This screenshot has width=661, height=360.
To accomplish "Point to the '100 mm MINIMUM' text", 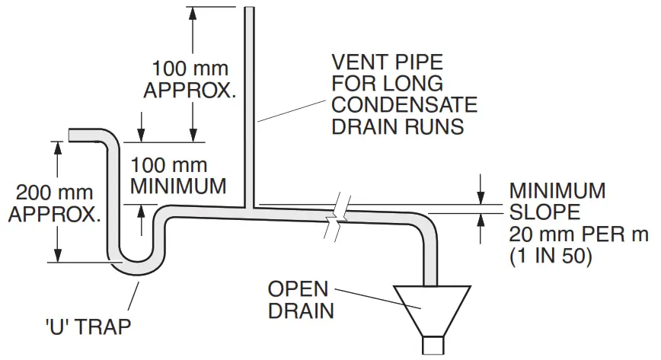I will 178,175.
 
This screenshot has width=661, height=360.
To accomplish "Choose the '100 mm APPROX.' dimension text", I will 190,78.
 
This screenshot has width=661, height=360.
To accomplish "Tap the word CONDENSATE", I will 404,105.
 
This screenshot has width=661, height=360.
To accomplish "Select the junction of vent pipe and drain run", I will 249,206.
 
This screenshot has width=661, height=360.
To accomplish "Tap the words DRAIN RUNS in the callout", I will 397,126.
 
